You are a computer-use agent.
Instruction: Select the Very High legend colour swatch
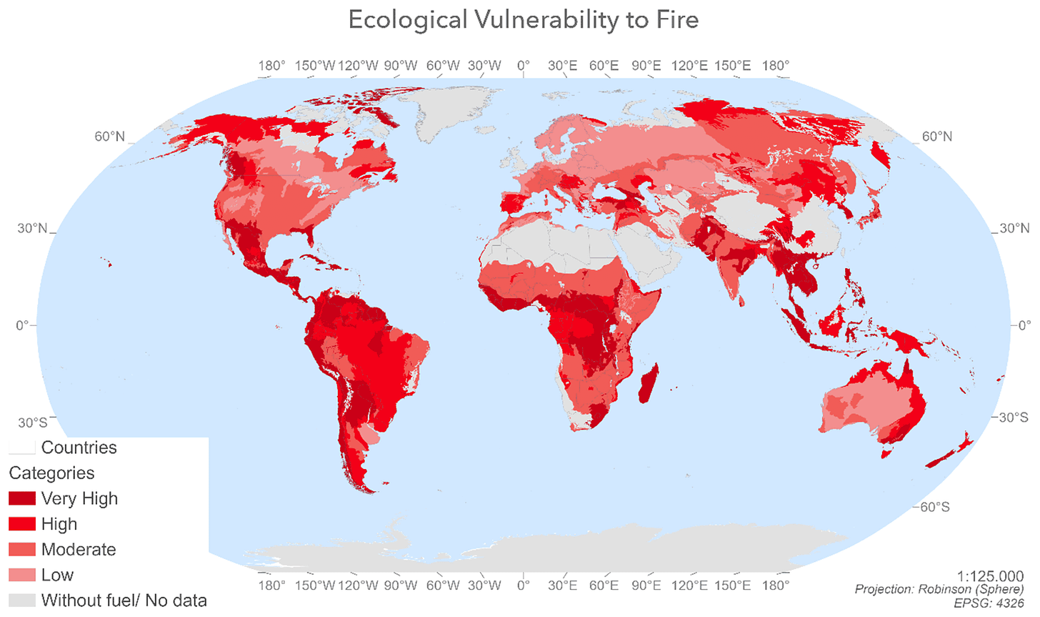[22, 498]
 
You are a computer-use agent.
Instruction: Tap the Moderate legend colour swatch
[22, 549]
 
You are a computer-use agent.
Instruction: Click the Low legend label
[57, 575]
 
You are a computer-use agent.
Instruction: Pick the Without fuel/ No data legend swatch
[22, 600]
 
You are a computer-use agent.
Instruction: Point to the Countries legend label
[79, 448]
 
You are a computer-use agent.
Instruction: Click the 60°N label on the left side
[109, 137]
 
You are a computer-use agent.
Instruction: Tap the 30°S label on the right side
[1013, 417]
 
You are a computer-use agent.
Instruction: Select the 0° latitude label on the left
[23, 325]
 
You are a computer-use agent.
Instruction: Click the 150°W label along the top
[315, 66]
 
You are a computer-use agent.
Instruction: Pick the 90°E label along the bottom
[646, 586]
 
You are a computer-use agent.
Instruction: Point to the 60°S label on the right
[934, 507]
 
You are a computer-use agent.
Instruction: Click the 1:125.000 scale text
[990, 576]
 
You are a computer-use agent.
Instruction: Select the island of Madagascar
[649, 384]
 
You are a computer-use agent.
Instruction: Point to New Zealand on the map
[950, 453]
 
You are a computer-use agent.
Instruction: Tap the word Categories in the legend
[51, 473]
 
